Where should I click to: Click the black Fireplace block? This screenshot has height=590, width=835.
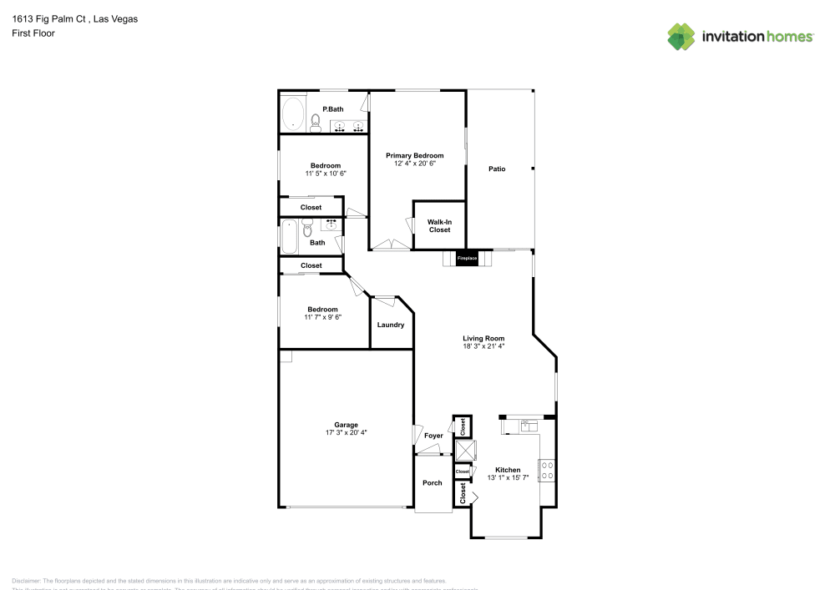point(467,259)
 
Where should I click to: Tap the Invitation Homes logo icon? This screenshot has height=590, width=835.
point(681,36)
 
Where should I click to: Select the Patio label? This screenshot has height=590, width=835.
point(497,169)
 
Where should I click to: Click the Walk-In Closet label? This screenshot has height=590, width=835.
point(439,226)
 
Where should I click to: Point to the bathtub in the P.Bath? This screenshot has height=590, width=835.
point(292,113)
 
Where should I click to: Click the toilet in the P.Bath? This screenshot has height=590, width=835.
point(315,124)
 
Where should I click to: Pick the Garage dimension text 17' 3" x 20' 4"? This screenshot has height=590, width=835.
point(346,432)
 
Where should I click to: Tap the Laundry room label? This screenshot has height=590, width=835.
point(391,325)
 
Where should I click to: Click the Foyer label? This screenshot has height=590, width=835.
point(433,436)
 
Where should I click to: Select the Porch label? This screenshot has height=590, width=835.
point(433,483)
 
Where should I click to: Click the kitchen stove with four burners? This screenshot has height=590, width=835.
point(548,470)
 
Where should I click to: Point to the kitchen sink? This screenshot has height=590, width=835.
point(529,426)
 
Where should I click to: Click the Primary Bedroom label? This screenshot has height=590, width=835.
point(414,156)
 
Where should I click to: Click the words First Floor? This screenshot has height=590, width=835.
point(33,33)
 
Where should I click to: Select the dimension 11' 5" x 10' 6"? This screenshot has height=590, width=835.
point(325,174)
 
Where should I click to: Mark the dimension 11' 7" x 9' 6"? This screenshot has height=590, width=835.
point(322,317)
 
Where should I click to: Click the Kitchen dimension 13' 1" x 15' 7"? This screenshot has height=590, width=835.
point(508,477)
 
